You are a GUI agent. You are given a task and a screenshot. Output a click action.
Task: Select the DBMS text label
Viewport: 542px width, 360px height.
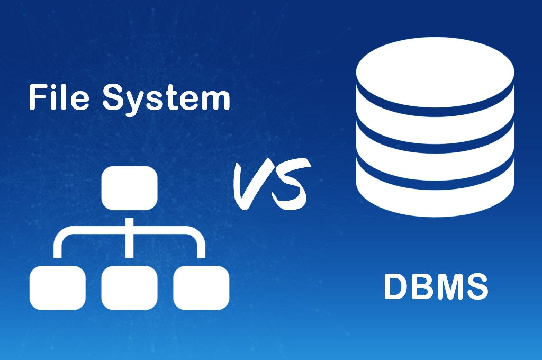click(x=436, y=286)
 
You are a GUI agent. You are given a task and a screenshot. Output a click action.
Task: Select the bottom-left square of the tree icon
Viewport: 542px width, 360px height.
click(x=57, y=287)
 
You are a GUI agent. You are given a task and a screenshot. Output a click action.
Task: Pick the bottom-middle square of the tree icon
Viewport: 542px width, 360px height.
click(x=129, y=287)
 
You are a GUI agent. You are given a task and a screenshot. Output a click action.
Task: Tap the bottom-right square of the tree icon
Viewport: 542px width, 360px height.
click(x=201, y=287)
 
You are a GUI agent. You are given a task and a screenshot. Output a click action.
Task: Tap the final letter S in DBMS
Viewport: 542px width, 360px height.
click(x=475, y=286)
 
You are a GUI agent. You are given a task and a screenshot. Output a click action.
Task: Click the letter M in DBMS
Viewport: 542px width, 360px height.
click(x=448, y=286)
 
